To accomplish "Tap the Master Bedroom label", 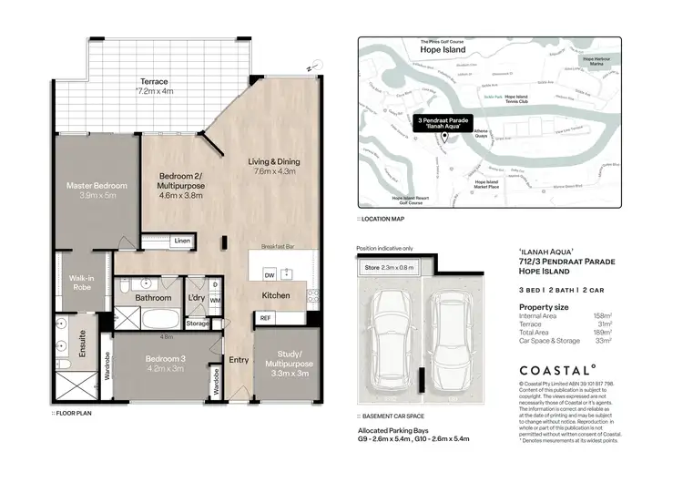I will pos(97,190).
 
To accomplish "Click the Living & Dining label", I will pos(274,167).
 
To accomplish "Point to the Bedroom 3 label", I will pos(167,364).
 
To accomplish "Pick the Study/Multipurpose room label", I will pos(287,367).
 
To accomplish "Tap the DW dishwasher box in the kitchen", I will pos(270,274).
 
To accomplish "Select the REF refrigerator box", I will pos(265,317).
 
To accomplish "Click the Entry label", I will pos(239,359).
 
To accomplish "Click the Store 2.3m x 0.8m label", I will pos(390,268).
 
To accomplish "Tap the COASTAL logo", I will pos(556,370).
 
